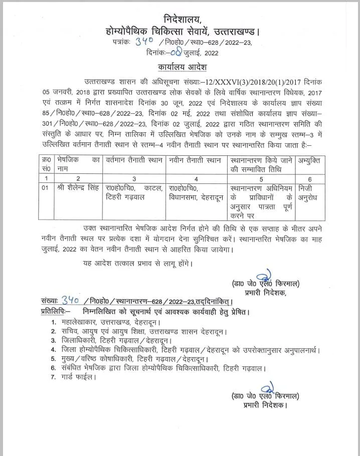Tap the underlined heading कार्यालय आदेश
coord(180,67)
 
